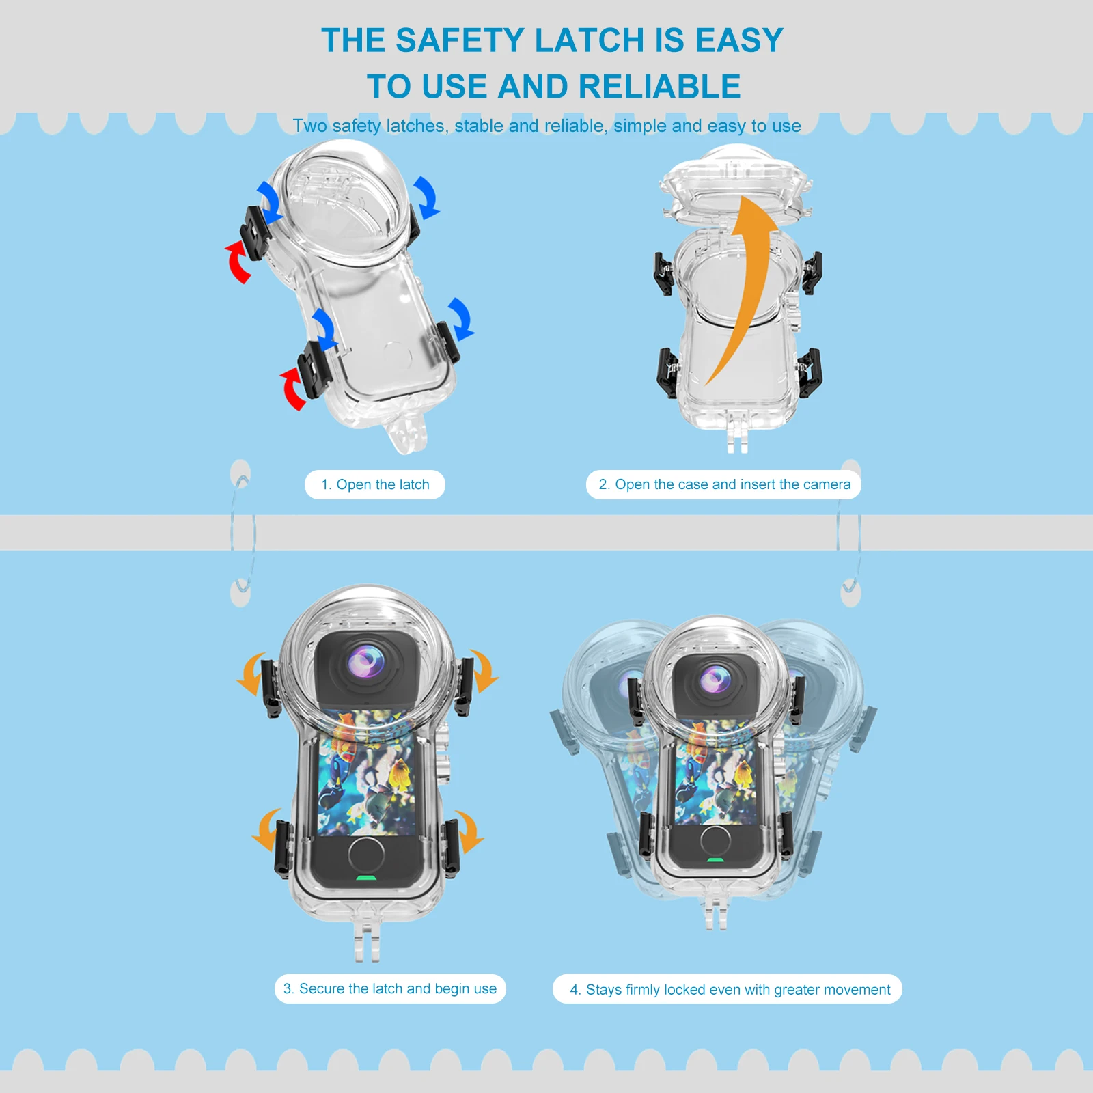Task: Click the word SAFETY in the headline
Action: [x=460, y=40]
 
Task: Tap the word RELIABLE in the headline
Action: [x=659, y=87]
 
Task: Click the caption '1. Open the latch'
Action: [x=375, y=484]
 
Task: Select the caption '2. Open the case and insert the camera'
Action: [x=724, y=484]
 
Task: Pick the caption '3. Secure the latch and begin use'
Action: [x=390, y=988]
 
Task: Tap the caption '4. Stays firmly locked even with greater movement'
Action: [x=728, y=989]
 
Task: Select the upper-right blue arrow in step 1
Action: [x=426, y=197]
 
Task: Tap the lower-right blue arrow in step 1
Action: [x=460, y=318]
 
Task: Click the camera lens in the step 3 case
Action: [x=367, y=663]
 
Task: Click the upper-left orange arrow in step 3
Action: [x=251, y=674]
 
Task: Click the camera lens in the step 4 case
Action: [x=715, y=680]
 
